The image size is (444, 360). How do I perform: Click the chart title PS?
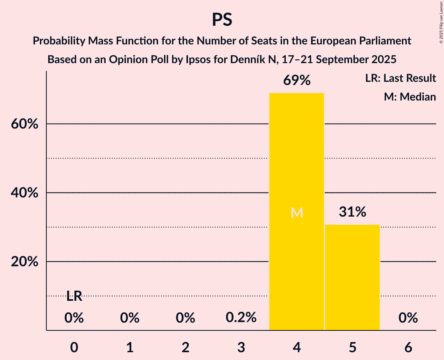tap(222, 19)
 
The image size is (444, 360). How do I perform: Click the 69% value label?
tap(297, 81)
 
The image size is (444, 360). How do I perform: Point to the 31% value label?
tap(352, 212)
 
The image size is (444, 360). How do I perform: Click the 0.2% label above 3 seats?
tap(241, 318)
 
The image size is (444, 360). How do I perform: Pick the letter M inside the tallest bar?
tap(297, 213)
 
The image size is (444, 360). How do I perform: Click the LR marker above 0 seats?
tap(74, 296)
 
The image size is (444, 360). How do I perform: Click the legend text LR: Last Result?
tap(400, 78)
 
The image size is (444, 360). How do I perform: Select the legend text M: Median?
tap(410, 97)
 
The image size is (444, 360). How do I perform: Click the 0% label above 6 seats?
tap(408, 318)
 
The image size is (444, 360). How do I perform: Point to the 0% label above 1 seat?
tap(130, 318)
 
